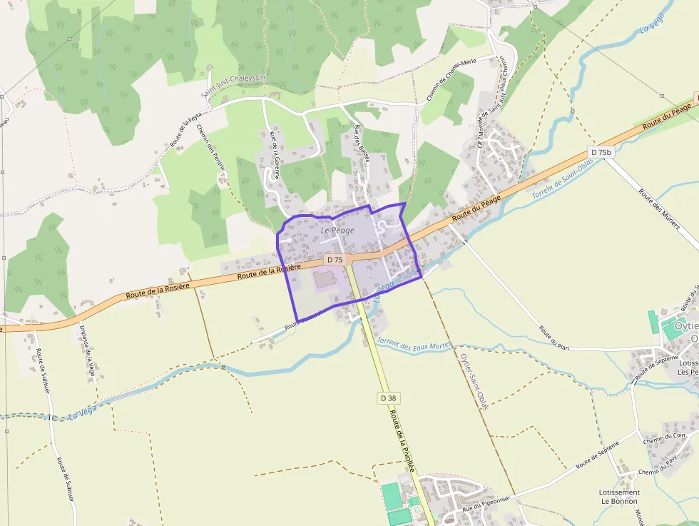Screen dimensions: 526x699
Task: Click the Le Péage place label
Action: click(337, 231)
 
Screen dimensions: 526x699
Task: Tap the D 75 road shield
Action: click(335, 260)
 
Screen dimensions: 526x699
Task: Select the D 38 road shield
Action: click(388, 398)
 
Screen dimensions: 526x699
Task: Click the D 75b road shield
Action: click(601, 152)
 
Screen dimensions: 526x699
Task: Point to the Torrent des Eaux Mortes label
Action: click(414, 345)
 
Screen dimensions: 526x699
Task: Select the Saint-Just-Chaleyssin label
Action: click(233, 86)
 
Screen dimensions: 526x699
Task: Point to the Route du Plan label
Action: click(554, 338)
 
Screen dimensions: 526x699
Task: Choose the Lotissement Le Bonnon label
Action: click(619, 497)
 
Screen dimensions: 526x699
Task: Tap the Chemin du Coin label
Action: click(664, 436)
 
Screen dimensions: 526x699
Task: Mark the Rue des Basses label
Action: click(362, 143)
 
